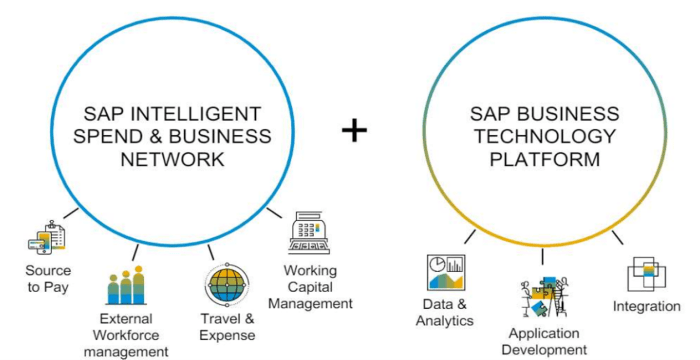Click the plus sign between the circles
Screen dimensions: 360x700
354,129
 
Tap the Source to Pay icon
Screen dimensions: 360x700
46,238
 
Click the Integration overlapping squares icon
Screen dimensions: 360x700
646,273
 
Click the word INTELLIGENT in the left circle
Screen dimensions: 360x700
213,113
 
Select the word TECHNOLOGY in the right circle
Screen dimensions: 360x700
545,136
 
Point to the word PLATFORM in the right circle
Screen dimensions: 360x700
545,159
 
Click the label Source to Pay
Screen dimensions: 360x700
48,279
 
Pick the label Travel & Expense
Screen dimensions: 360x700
227,326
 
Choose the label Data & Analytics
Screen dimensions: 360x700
445,312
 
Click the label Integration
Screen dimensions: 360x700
647,306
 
